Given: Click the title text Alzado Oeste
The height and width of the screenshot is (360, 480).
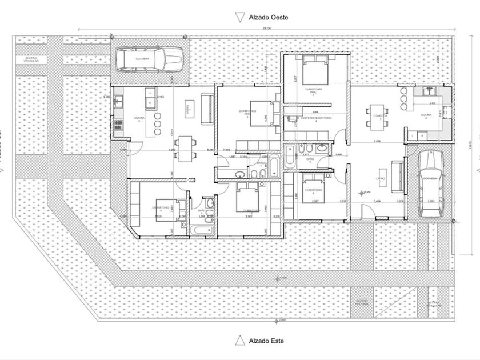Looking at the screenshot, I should (268, 17).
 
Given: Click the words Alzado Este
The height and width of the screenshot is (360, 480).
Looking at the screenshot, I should (266, 341).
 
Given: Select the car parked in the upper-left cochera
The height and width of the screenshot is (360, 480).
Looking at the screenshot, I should (150, 58).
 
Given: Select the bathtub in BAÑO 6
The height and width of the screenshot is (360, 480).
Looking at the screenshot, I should (202, 230).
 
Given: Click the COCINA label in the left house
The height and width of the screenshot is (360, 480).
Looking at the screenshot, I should (139, 118).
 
